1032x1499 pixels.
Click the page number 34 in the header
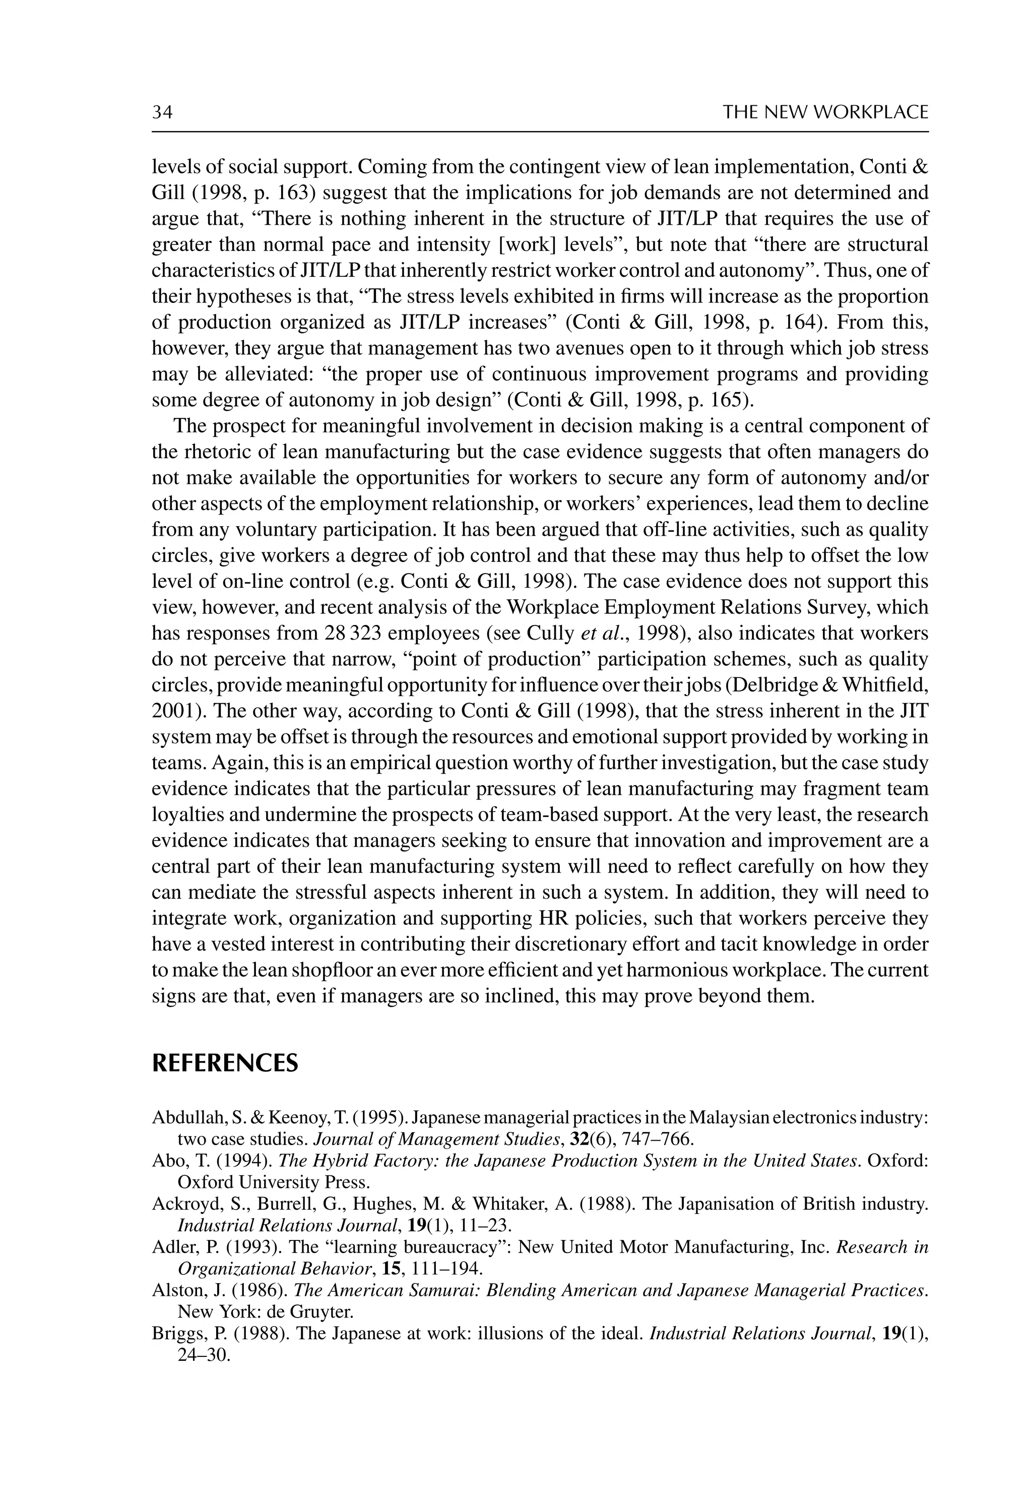point(162,112)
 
